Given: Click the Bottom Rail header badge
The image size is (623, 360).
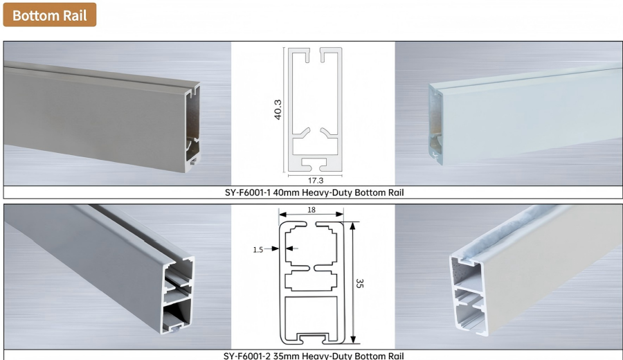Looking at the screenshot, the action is point(50,15).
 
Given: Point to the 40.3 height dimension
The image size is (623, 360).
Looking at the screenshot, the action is point(278,109).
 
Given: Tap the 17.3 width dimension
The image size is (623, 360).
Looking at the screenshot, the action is point(316,181).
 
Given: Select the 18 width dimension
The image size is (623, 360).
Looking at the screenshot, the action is point(311,210).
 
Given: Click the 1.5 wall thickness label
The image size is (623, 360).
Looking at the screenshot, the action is point(258,249).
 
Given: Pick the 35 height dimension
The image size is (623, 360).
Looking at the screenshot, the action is point(359,283).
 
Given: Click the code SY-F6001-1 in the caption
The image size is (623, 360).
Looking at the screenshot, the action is point(248,192).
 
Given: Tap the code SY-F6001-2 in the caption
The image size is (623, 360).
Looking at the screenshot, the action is point(247,356).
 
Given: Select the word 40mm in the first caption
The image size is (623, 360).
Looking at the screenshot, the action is point(286,192).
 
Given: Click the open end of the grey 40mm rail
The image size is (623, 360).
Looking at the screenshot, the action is point(192,127).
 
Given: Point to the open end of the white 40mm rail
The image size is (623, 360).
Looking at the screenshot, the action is point(436,124).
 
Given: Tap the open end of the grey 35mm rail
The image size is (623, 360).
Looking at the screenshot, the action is point(178,294).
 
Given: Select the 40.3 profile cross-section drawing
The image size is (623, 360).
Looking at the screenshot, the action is point(315,109).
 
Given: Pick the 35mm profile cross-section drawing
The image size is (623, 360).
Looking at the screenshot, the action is point(311,283).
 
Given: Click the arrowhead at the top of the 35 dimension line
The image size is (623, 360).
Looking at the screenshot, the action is point(352,226).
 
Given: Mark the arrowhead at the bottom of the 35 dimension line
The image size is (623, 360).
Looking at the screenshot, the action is point(353,340).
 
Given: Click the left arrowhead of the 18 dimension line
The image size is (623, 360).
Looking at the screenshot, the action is point(282,215).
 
